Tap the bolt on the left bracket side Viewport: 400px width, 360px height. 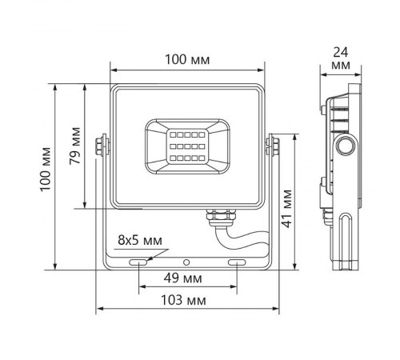(x=100, y=146)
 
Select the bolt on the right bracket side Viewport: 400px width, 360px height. (x=274, y=145)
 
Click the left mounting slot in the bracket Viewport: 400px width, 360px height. (x=139, y=262)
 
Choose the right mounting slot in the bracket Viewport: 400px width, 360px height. (x=238, y=262)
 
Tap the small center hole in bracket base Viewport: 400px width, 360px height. (x=187, y=262)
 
